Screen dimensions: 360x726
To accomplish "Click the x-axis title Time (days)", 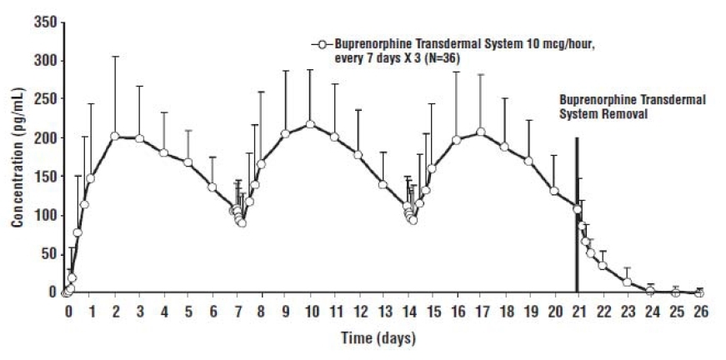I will click(x=377, y=338).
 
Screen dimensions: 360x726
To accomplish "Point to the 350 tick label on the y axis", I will click(x=45, y=22).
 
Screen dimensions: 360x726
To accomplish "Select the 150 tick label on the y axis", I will click(x=45, y=177).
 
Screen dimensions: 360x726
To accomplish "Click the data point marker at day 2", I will click(x=115, y=136).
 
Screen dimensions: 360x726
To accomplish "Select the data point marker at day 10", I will click(x=310, y=125).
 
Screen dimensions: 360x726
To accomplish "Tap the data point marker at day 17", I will click(x=480, y=132).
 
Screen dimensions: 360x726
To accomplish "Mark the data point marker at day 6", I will click(x=213, y=187).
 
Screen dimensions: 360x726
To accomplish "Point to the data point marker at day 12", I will click(x=358, y=155).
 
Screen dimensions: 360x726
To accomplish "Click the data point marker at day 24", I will click(x=650, y=290).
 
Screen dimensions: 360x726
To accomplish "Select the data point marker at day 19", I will click(x=528, y=161).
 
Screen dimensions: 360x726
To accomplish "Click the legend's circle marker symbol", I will click(x=318, y=42).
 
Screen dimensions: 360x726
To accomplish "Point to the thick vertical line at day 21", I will click(x=577, y=217).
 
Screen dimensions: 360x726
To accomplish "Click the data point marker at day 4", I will click(x=163, y=153).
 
